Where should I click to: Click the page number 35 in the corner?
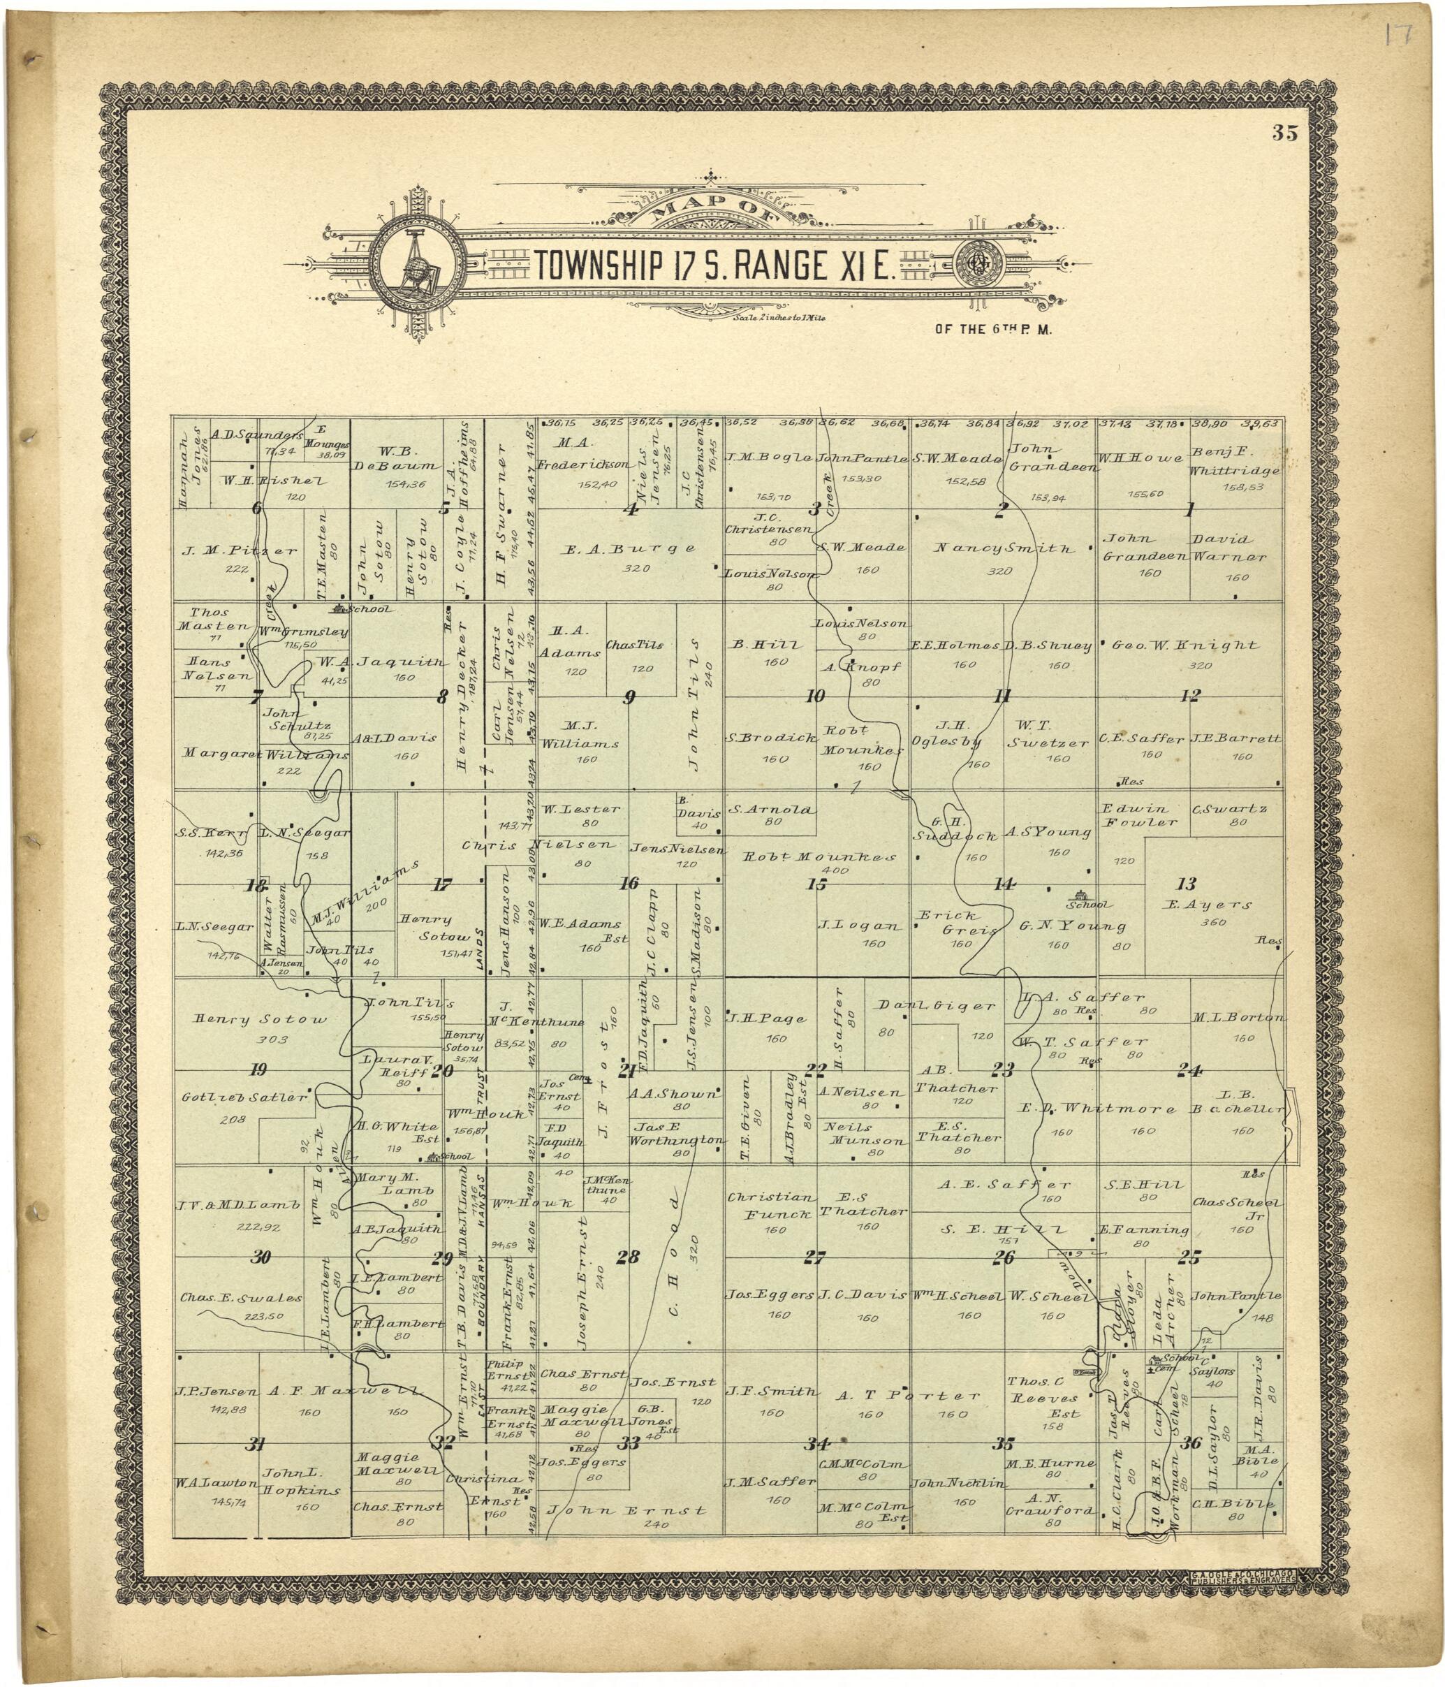coord(1286,134)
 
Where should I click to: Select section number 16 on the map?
coord(629,884)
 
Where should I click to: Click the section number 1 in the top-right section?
coord(1189,511)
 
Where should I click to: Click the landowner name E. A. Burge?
coord(630,549)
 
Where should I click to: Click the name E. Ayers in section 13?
coord(1208,905)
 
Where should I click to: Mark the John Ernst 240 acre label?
coord(627,1510)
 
